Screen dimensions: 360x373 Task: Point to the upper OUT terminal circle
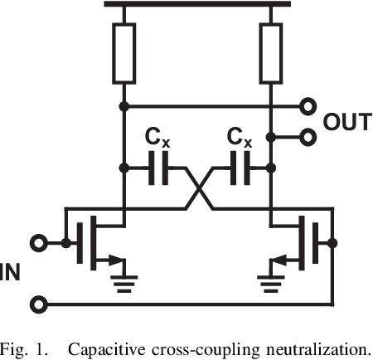point(308,107)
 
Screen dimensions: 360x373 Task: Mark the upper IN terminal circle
point(38,244)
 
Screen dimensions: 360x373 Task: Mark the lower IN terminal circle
point(38,303)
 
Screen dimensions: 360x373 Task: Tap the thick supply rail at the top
point(197,5)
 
